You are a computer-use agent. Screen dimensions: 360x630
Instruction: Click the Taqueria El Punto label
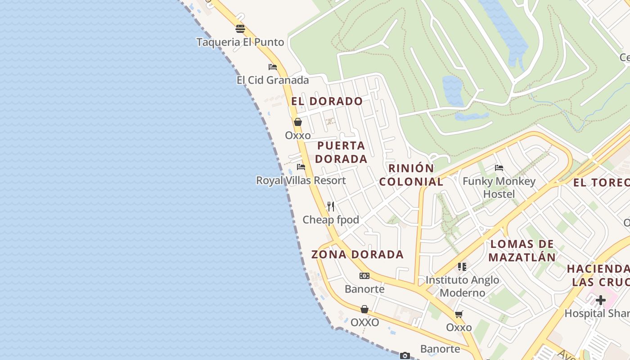pos(240,42)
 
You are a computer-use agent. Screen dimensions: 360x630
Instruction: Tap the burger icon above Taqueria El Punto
pos(240,29)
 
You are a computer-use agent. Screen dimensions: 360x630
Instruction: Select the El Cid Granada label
pos(273,80)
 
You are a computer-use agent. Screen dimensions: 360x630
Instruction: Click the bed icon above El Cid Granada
pos(273,67)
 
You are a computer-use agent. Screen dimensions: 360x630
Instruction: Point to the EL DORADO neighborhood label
pos(327,101)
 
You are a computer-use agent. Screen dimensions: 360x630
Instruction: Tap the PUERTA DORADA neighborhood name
pos(342,152)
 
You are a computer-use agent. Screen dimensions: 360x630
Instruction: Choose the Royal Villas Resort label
pos(301,180)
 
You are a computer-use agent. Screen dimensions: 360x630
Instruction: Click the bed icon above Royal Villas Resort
pos(301,167)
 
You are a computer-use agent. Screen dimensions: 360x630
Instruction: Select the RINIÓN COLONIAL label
pos(411,175)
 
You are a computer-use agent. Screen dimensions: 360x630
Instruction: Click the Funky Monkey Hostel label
pos(499,188)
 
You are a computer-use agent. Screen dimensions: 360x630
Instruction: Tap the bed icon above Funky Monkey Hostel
pos(499,168)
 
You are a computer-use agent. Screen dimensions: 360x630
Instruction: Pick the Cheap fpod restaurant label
pos(331,220)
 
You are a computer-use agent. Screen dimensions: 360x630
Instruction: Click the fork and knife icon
pos(331,207)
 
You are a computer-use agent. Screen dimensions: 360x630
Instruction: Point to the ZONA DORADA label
pos(358,254)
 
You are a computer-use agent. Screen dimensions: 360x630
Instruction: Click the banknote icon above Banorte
pos(364,276)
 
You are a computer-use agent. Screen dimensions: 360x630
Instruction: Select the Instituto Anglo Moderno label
pos(462,286)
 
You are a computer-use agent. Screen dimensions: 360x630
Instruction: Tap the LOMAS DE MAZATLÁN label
pos(522,251)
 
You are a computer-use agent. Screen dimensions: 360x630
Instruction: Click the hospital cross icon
pos(601,300)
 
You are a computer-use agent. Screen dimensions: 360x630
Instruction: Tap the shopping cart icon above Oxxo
pos(459,314)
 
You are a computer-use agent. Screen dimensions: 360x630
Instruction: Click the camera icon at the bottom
pos(405,355)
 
